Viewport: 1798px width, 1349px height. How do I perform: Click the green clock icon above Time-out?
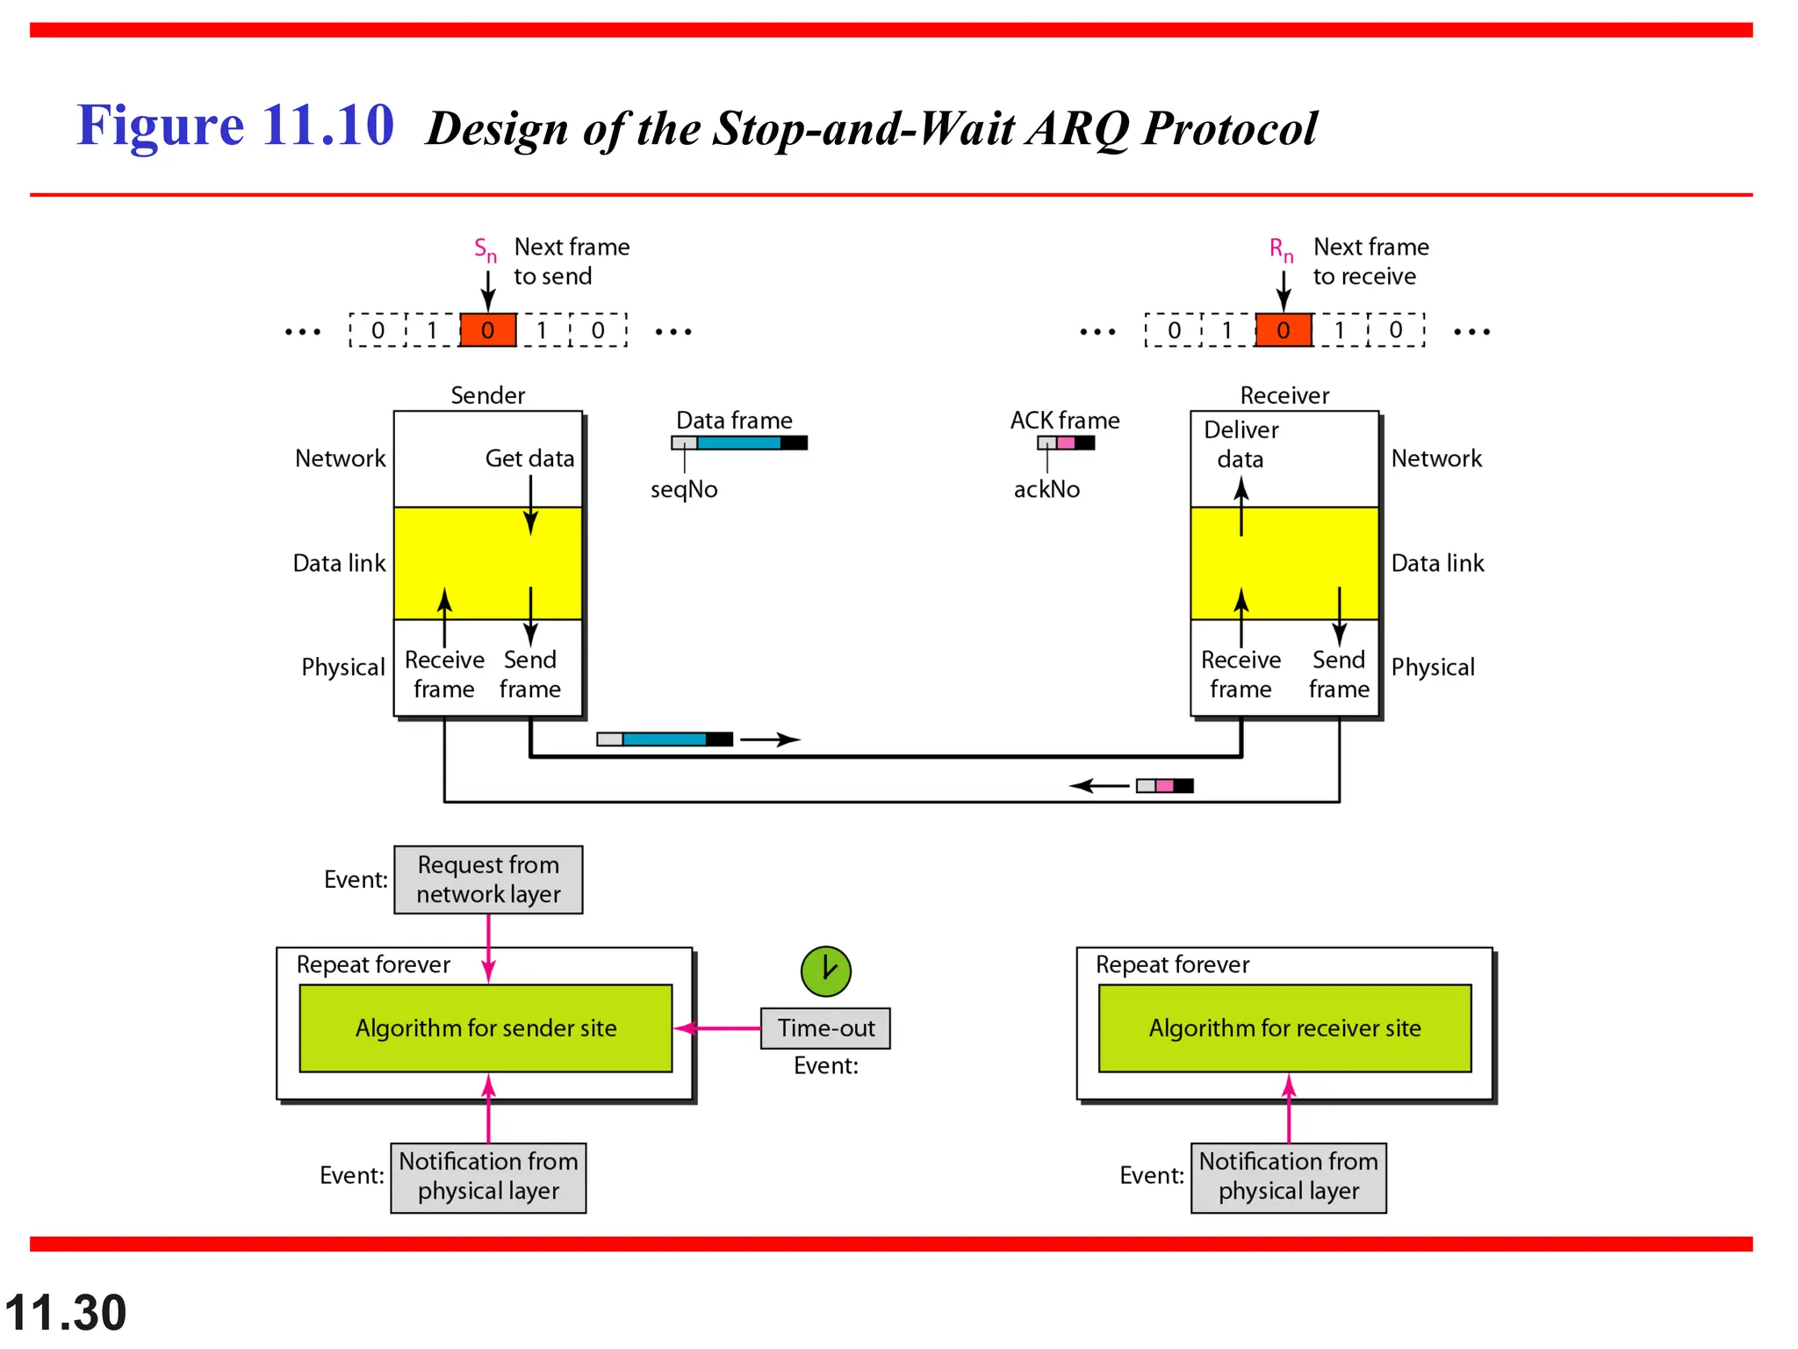pyautogui.click(x=825, y=970)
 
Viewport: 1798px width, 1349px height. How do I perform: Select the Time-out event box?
pyautogui.click(x=825, y=1028)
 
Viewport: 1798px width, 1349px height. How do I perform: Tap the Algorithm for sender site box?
pyautogui.click(x=485, y=1028)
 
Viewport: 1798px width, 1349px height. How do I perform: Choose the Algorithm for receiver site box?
pyautogui.click(x=1284, y=1028)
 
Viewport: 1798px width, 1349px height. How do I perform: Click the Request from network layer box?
pyautogui.click(x=488, y=879)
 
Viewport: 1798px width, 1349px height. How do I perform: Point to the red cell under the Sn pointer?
pyautogui.click(x=487, y=330)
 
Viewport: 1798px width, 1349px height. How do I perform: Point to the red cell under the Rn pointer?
pyautogui.click(x=1283, y=330)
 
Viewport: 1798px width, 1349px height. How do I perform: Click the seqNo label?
pyautogui.click(x=684, y=489)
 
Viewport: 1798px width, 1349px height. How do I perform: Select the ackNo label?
pyautogui.click(x=1046, y=489)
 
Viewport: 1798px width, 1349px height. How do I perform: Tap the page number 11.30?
pyautogui.click(x=66, y=1312)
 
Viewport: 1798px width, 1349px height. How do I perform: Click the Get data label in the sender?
pyautogui.click(x=529, y=458)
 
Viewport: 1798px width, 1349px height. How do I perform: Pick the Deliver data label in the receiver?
pyautogui.click(x=1241, y=444)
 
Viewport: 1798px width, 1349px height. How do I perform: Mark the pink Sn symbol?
pyautogui.click(x=485, y=249)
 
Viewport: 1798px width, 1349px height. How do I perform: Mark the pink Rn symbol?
pyautogui.click(x=1281, y=249)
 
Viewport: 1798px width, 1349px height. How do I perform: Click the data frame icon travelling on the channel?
pyautogui.click(x=665, y=739)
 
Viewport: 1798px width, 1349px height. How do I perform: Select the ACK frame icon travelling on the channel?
pyautogui.click(x=1164, y=785)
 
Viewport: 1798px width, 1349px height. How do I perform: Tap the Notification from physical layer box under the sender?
pyautogui.click(x=488, y=1177)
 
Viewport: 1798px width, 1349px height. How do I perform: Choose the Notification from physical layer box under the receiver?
pyautogui.click(x=1288, y=1177)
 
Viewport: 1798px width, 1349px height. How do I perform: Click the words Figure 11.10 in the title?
pyautogui.click(x=235, y=125)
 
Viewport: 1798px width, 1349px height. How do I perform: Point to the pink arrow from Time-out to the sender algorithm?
pyautogui.click(x=717, y=1028)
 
